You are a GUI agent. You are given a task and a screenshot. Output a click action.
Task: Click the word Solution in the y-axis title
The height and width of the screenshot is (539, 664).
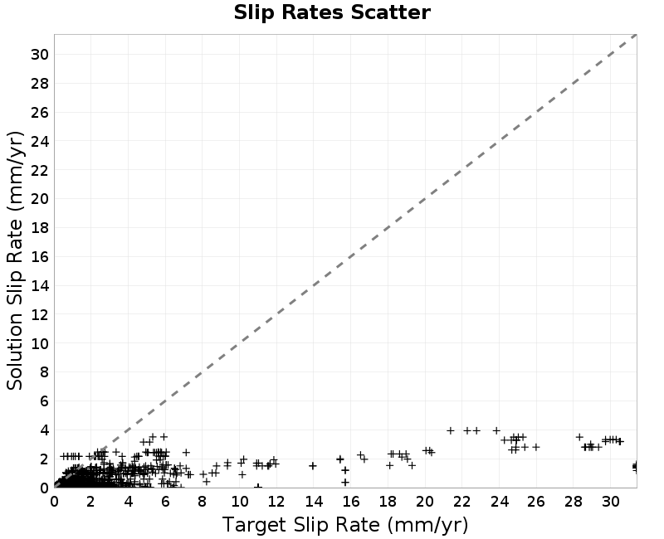coord(14,351)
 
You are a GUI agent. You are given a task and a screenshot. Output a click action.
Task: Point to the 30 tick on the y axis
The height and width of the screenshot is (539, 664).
coord(40,54)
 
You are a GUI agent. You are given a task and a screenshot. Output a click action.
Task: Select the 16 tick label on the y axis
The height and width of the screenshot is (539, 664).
coord(40,256)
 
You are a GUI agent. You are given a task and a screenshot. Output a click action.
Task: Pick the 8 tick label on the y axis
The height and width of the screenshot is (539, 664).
coord(45,371)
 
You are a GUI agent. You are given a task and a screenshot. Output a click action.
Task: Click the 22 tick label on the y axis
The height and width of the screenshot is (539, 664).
coord(40,170)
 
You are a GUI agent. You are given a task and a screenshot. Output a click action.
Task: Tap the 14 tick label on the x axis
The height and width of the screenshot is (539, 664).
coord(314,502)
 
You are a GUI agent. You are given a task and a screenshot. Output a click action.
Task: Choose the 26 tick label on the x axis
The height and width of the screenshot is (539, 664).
coord(536,502)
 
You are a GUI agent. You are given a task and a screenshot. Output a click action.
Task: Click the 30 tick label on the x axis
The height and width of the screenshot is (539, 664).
coord(611,502)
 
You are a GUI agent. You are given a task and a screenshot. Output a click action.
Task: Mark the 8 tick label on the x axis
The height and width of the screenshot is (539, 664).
coord(202,502)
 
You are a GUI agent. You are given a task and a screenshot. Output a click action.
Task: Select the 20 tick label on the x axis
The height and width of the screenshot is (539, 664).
coord(425,502)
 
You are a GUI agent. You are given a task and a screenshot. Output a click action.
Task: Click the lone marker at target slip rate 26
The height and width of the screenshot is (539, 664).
coord(536,447)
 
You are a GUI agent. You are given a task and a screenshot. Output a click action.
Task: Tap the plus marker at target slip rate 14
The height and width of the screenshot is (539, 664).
coord(313,466)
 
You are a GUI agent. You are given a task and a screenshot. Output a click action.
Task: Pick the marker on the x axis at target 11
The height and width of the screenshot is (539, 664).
coord(258,487)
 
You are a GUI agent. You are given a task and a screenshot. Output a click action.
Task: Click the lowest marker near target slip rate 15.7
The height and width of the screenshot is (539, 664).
coord(345,482)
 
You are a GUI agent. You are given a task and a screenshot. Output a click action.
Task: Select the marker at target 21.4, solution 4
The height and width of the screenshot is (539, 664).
coord(451,430)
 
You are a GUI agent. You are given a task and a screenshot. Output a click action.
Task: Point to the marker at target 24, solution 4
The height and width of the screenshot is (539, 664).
coord(496,430)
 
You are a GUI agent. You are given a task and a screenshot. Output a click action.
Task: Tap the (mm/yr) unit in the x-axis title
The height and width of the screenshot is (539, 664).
coord(427,525)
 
